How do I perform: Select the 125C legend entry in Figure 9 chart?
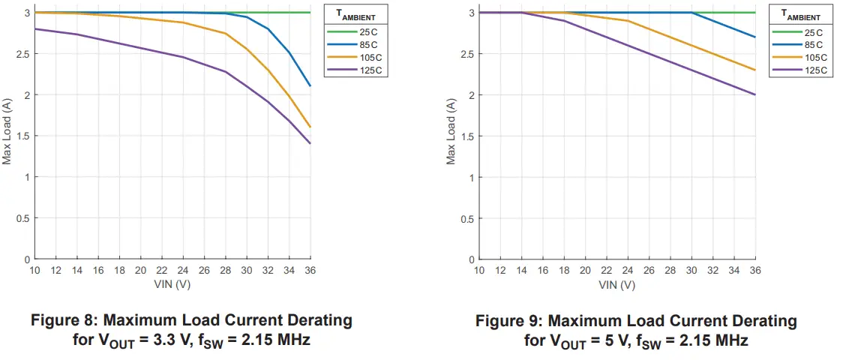point(815,70)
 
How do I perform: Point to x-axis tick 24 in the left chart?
point(183,271)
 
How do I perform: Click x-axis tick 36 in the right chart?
point(754,271)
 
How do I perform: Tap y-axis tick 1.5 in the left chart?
point(20,136)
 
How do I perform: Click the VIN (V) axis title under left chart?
point(172,285)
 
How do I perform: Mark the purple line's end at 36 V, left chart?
point(310,143)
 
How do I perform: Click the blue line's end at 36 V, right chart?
point(754,37)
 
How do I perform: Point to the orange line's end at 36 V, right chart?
point(754,70)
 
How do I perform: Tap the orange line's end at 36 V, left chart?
point(310,127)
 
